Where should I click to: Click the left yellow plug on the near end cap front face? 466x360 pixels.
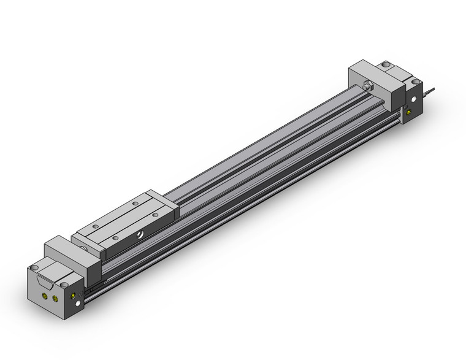click(45, 295)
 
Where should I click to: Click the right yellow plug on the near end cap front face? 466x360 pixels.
click(56, 299)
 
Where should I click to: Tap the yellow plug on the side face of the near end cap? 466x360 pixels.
click(74, 296)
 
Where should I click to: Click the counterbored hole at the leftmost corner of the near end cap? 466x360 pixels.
click(34, 268)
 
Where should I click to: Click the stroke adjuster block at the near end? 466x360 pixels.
click(72, 254)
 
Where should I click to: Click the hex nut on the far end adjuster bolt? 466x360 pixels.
click(368, 86)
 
